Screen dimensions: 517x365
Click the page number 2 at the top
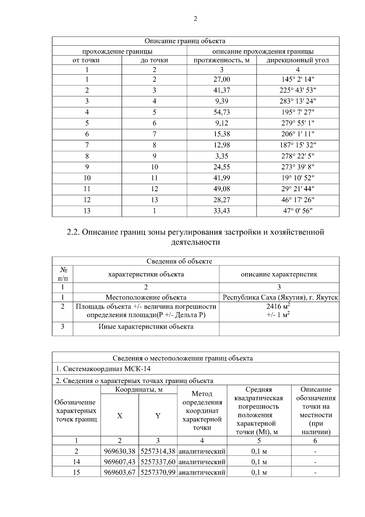click(x=195, y=19)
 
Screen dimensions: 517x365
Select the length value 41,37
click(x=221, y=90)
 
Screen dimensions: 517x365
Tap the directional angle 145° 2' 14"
click(x=297, y=79)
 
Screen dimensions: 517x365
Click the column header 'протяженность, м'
click(x=221, y=60)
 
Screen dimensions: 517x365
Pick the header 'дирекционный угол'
click(x=297, y=60)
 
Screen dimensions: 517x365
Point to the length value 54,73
click(x=221, y=112)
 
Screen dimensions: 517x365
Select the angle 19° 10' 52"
click(x=297, y=178)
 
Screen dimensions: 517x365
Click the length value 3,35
click(x=221, y=156)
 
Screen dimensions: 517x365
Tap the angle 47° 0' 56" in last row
click(x=297, y=211)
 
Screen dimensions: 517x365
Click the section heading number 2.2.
click(x=73, y=232)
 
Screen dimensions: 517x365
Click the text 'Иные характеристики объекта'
click(x=146, y=327)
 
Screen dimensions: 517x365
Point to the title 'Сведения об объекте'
click(x=179, y=262)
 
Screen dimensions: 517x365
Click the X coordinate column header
click(x=120, y=416)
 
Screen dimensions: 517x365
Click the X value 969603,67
click(x=120, y=473)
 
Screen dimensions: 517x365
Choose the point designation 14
click(x=76, y=462)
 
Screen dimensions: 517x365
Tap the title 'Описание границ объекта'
click(x=185, y=41)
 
